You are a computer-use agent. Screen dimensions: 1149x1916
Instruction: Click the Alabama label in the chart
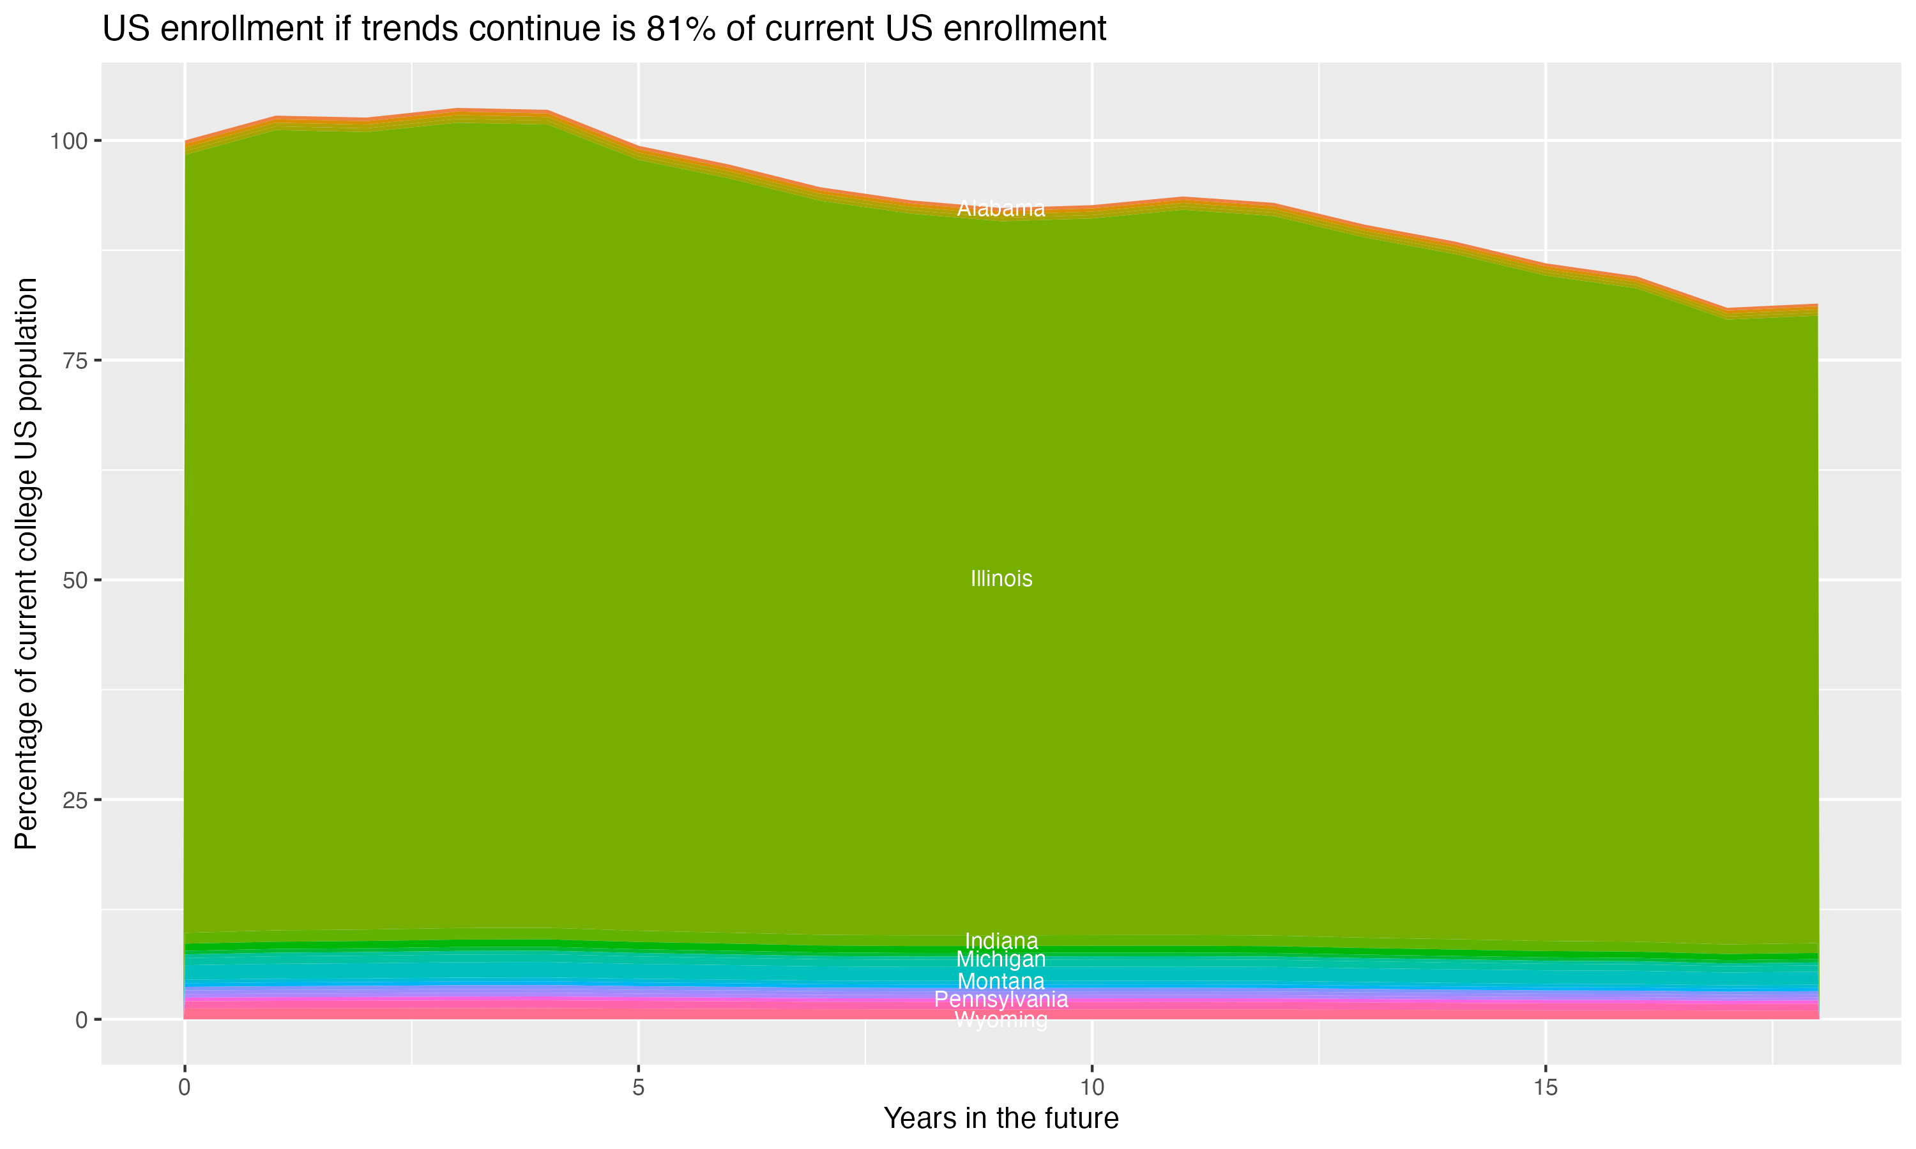(1001, 208)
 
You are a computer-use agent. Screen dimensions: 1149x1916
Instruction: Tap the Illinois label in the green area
(1001, 578)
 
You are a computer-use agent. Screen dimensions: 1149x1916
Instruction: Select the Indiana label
(1001, 941)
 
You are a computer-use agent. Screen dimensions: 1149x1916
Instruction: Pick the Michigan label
(1001, 959)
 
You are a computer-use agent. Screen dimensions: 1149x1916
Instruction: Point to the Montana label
(1001, 981)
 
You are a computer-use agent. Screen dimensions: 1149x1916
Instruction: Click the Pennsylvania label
(1001, 1000)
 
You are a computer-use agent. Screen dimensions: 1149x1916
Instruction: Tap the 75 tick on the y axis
(76, 361)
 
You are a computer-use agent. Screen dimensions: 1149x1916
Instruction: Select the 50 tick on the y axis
(76, 580)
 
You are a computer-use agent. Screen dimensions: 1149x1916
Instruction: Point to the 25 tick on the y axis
(76, 800)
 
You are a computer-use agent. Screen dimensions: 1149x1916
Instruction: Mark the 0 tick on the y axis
(81, 1019)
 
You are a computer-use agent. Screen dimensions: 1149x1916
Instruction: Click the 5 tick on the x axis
(638, 1088)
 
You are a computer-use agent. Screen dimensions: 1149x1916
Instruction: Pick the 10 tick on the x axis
(1091, 1088)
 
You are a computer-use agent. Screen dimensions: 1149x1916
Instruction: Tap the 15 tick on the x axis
(1545, 1088)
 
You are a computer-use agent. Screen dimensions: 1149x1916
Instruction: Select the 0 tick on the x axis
(185, 1088)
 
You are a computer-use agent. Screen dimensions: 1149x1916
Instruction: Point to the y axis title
(26, 563)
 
